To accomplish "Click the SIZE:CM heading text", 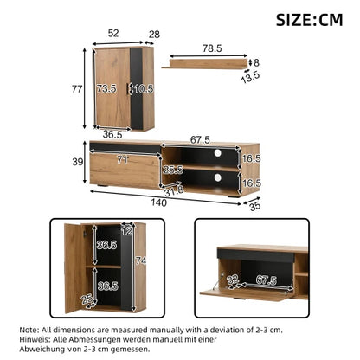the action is [309, 20].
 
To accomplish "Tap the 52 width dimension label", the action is [113, 33].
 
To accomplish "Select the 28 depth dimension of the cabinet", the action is [154, 35].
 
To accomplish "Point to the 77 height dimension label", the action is [77, 89].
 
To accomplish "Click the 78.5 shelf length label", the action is [212, 48].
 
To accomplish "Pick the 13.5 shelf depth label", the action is [250, 77].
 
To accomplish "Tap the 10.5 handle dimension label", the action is [144, 89].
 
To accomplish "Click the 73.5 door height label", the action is [106, 88].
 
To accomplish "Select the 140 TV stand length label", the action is [159, 202].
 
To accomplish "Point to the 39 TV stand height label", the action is [77, 162].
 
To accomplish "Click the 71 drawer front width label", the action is [123, 159].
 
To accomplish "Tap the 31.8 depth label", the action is [174, 191].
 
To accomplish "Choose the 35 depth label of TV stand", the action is [255, 206].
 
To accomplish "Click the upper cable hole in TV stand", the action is [218, 153].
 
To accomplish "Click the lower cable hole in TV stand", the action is [218, 177].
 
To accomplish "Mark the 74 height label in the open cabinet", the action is [141, 261].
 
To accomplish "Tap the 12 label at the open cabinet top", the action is [127, 231].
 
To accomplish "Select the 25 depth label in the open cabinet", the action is [87, 299].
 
